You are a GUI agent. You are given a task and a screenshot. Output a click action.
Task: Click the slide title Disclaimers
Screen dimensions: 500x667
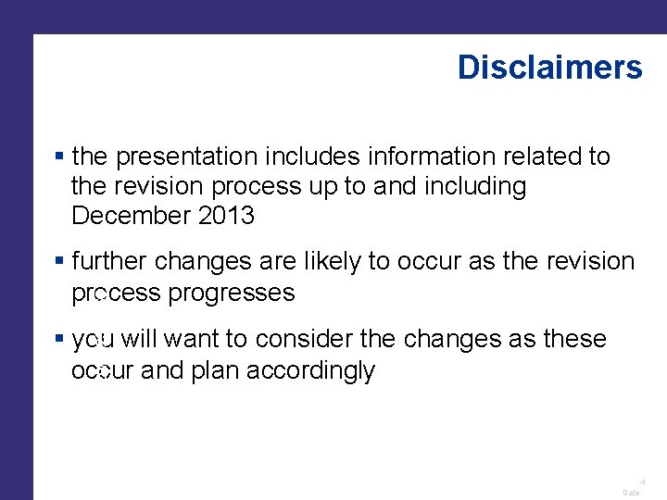coord(549,68)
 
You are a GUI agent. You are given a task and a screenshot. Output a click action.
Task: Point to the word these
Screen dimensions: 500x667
coord(573,340)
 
